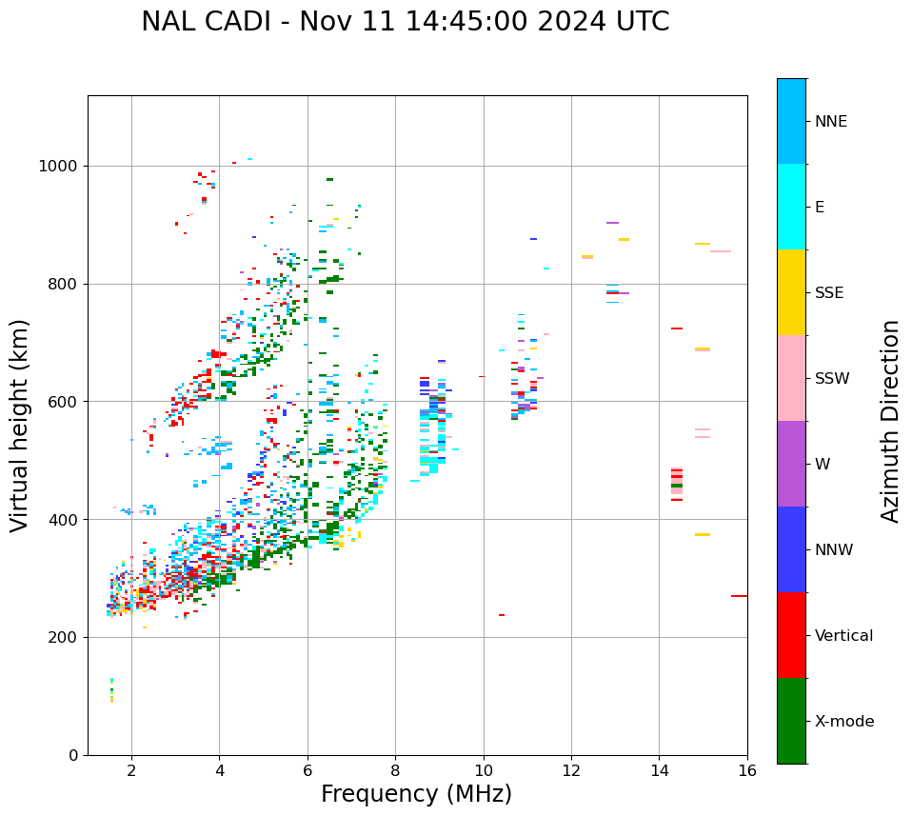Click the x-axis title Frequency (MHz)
[x=416, y=794]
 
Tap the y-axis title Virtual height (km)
[x=20, y=425]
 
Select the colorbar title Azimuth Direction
[x=890, y=421]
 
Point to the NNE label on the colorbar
[x=830, y=122]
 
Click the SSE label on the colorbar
[x=828, y=293]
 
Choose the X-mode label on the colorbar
[x=843, y=722]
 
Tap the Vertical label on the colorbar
[x=843, y=636]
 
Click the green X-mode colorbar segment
[x=791, y=721]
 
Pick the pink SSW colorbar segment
[x=791, y=378]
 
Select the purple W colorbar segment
[x=791, y=464]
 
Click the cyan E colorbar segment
[x=791, y=207]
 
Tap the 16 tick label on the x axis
[x=747, y=770]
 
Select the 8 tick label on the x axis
[x=395, y=770]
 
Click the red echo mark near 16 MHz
[x=739, y=596]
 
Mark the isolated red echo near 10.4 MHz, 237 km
[x=502, y=615]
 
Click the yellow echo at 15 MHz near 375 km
[x=703, y=534]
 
